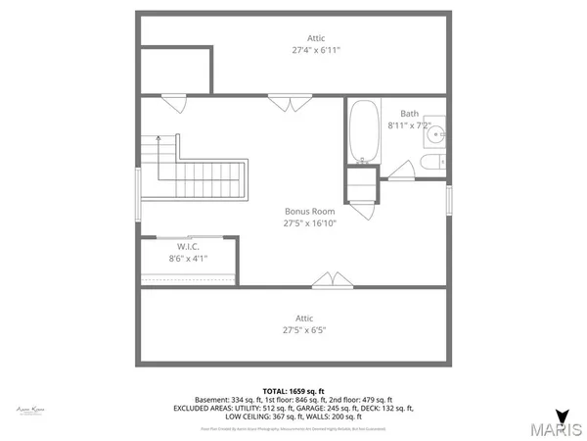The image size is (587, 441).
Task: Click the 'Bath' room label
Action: [409, 113]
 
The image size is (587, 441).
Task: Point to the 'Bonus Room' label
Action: [309, 211]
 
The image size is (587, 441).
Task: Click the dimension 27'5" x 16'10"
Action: [309, 223]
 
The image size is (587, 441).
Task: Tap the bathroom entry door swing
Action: [401, 172]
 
